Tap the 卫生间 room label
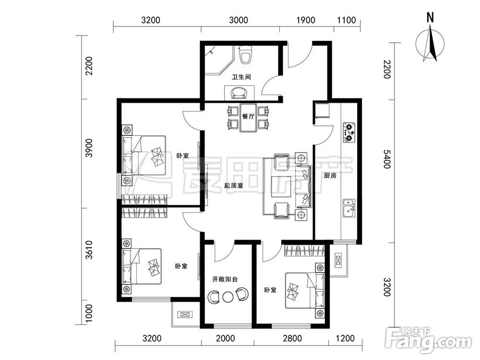click(x=241, y=77)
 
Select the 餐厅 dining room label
click(x=248, y=117)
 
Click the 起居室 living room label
click(x=234, y=185)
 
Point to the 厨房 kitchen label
click(x=330, y=176)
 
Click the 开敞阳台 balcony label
click(x=225, y=279)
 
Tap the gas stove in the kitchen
click(x=349, y=132)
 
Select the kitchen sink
click(x=348, y=208)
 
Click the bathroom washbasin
click(x=239, y=93)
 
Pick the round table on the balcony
click(x=228, y=297)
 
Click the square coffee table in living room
click(x=281, y=186)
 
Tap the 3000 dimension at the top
click(x=239, y=20)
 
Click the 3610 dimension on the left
click(x=89, y=250)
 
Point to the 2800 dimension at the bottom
click(x=292, y=338)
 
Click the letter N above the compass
click(x=431, y=17)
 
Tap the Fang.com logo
click(x=428, y=340)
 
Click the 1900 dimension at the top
click(x=306, y=20)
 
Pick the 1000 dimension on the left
click(x=89, y=313)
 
